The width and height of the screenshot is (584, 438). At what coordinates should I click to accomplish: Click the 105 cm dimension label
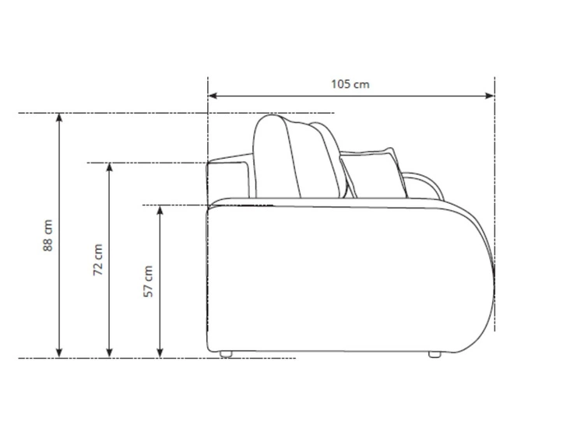[x=350, y=84]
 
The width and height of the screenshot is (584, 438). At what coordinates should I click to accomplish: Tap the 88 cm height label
[x=47, y=236]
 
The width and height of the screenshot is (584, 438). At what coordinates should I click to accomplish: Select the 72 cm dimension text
[x=98, y=260]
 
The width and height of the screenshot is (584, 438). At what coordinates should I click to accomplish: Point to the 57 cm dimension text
[x=148, y=282]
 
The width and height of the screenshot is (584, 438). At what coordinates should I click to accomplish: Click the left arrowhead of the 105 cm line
[x=213, y=96]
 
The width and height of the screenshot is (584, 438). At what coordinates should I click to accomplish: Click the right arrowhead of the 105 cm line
[x=490, y=96]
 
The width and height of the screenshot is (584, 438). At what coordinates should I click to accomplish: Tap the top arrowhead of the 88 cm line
[x=59, y=117]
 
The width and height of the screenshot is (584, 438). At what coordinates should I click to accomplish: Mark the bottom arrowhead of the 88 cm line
[x=59, y=353]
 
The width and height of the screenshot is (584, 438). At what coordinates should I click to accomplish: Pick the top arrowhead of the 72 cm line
[x=109, y=168]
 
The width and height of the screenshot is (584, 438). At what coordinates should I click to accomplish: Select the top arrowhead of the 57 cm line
[x=160, y=210]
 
